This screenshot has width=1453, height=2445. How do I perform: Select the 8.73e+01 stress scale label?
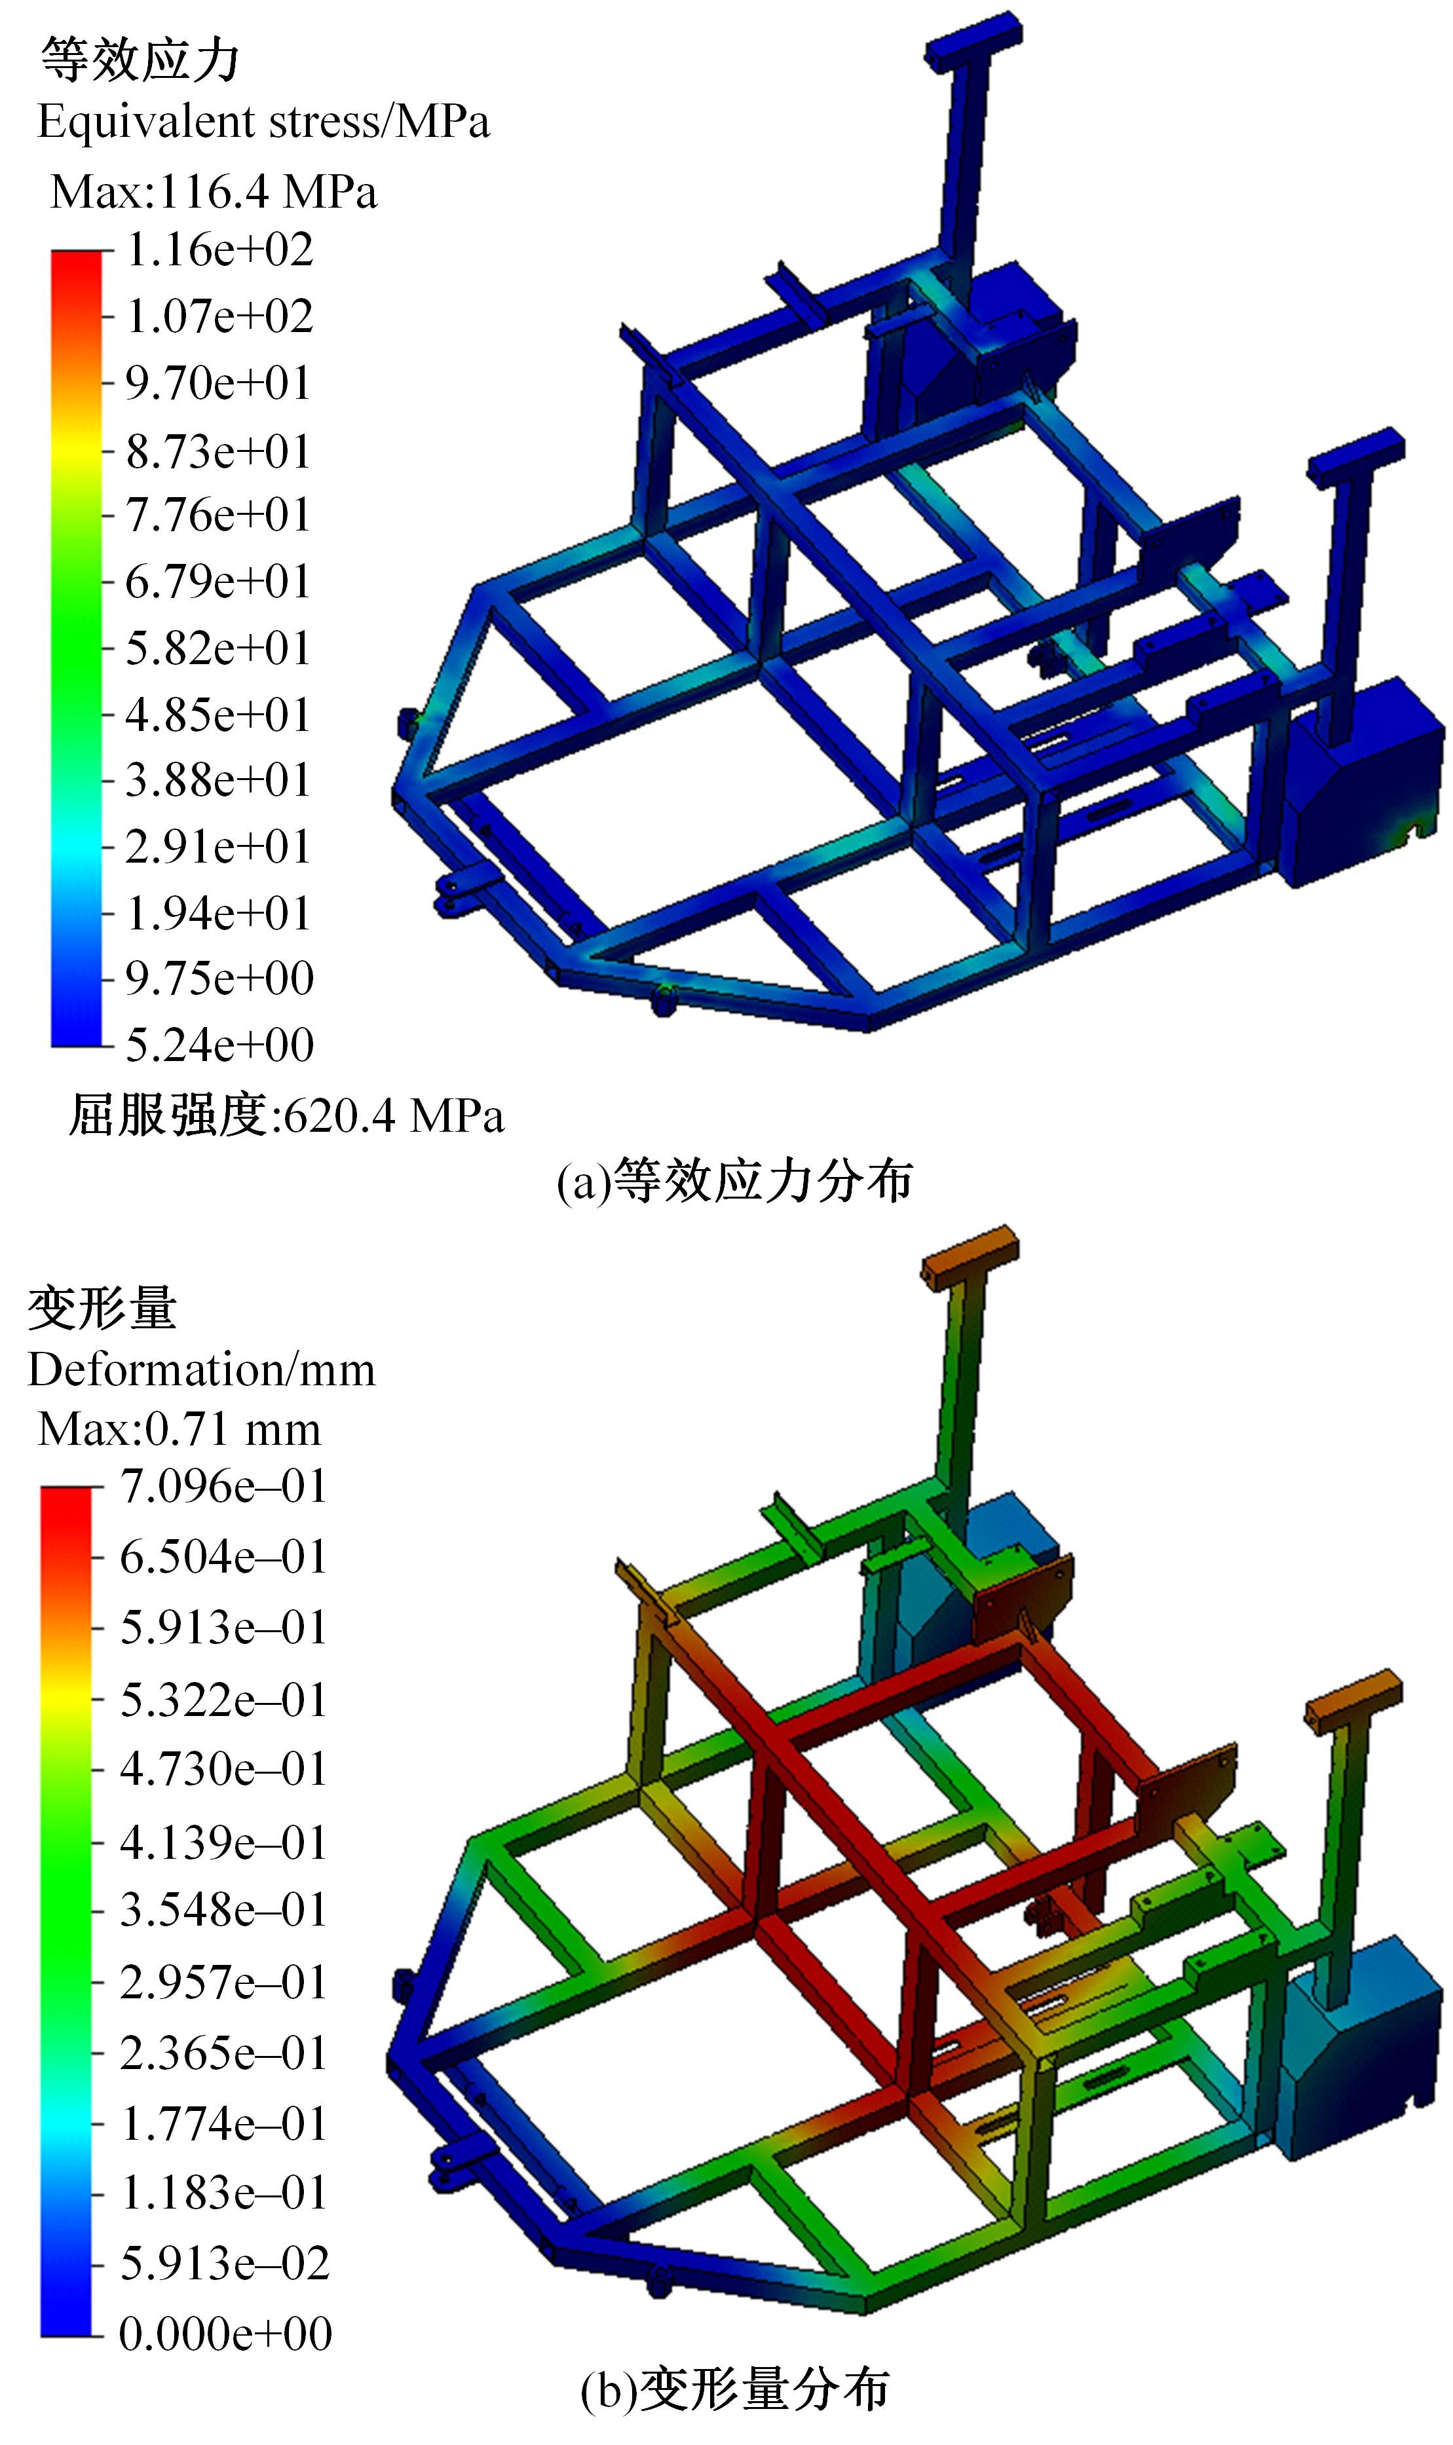click(217, 452)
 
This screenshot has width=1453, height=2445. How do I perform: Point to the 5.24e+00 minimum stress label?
click(219, 1045)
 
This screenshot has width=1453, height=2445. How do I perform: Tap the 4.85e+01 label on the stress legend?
click(217, 715)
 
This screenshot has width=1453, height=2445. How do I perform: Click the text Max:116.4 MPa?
click(214, 192)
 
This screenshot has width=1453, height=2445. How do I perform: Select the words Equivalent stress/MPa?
click(263, 123)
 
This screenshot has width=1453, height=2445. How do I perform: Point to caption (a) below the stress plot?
click(734, 1182)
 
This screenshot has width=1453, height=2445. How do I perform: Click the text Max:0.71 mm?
click(179, 1430)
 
